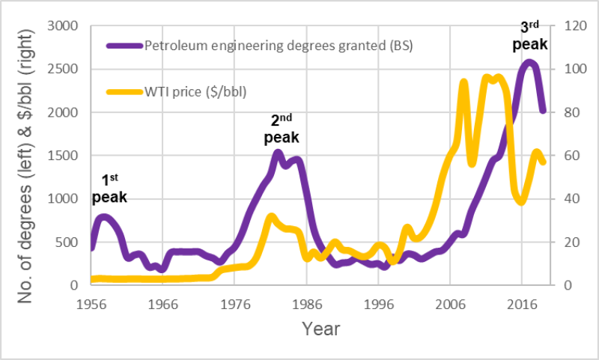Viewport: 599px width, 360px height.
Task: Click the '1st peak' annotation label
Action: pyautogui.click(x=109, y=189)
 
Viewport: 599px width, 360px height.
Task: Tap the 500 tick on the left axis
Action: pyautogui.click(x=67, y=242)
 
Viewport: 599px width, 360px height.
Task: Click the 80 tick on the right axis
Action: pyautogui.click(x=566, y=112)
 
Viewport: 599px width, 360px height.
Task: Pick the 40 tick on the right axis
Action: pyautogui.click(x=566, y=199)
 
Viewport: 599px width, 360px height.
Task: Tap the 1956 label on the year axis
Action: pyautogui.click(x=91, y=305)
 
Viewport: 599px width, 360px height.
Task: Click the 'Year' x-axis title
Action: pyautogui.click(x=320, y=329)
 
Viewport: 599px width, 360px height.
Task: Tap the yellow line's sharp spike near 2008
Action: pyautogui.click(x=463, y=82)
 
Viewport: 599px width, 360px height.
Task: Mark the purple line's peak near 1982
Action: pyautogui.click(x=278, y=153)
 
